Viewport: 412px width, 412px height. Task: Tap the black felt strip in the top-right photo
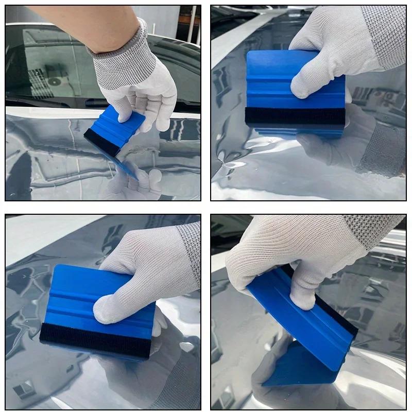294,116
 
